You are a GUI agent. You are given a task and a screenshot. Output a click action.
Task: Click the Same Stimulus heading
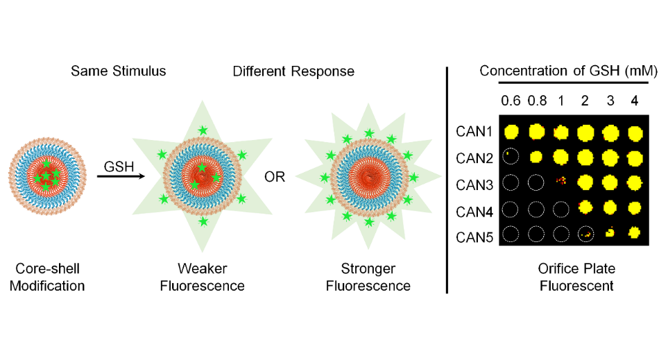coord(118,71)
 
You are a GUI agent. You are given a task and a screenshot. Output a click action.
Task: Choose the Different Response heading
coord(293,71)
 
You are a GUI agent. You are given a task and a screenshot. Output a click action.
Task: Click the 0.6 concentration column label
coord(512,101)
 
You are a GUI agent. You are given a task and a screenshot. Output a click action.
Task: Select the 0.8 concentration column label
coord(536,101)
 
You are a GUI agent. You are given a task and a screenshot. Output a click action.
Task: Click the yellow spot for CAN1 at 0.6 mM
coord(512,131)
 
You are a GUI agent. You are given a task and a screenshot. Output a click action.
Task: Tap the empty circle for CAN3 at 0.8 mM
coord(536,183)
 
